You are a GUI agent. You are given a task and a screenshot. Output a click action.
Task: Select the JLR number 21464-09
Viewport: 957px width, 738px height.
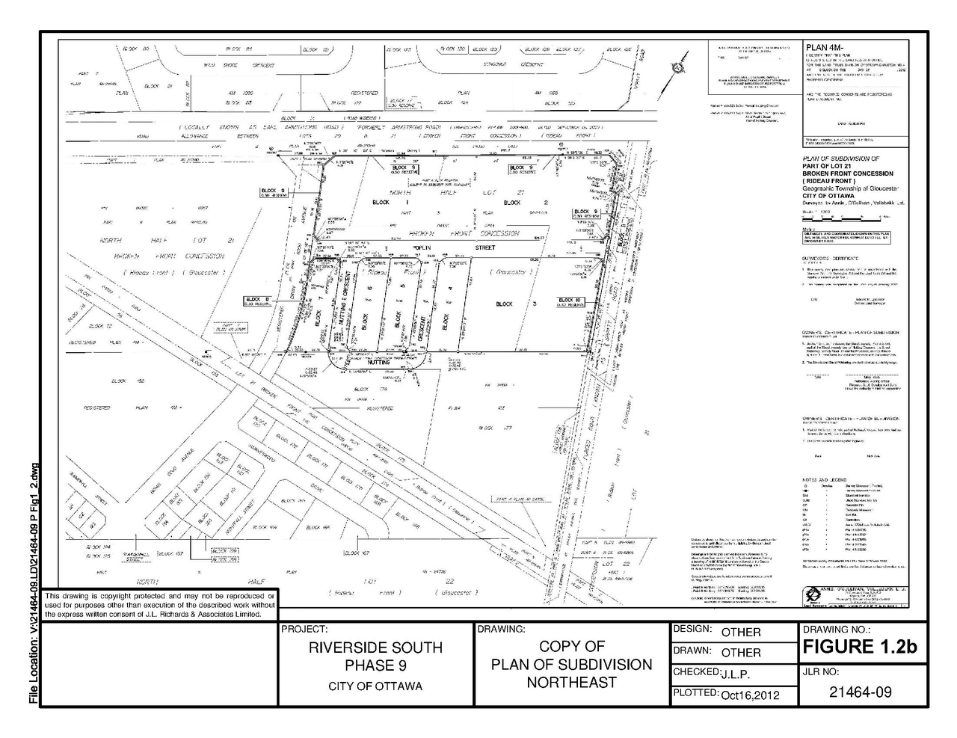861,692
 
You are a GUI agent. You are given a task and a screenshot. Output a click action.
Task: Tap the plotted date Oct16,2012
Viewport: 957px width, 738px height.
750,695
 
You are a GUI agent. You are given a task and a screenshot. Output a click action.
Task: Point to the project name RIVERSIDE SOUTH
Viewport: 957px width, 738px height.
375,648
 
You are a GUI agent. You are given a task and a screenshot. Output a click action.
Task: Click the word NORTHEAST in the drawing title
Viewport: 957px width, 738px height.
571,682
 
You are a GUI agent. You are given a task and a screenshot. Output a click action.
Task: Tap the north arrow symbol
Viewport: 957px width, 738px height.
677,66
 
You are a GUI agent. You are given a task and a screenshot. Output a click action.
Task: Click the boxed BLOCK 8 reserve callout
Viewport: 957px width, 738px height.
256,301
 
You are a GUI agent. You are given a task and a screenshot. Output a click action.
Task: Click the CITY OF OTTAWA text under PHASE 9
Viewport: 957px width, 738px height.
375,686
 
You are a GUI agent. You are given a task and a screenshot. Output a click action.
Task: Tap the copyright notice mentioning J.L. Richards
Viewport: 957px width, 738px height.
160,604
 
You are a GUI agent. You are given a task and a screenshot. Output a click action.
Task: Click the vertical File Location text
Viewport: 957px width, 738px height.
32,583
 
